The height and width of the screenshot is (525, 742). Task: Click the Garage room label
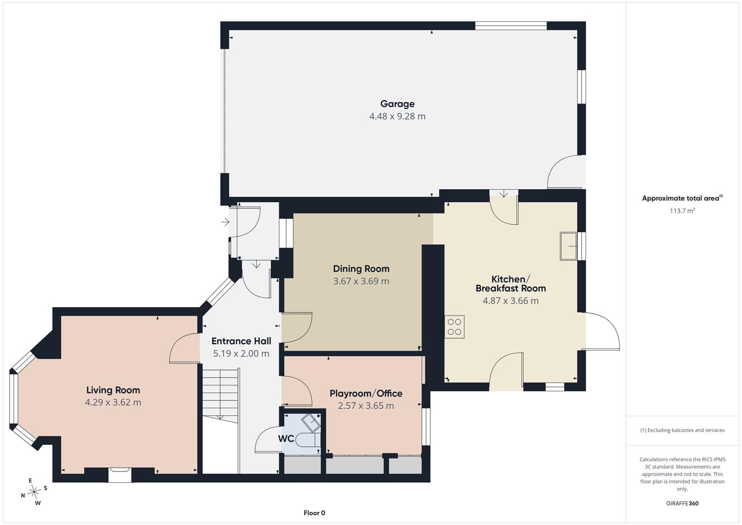(x=397, y=104)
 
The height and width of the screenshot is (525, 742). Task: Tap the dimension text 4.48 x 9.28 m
(x=397, y=116)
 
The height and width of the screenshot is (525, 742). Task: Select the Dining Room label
(x=361, y=268)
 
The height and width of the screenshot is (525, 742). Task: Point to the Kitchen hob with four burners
(x=454, y=327)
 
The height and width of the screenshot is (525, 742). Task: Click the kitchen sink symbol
(x=569, y=246)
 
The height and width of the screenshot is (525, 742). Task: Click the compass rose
(x=34, y=491)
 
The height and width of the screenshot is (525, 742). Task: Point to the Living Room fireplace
(x=120, y=474)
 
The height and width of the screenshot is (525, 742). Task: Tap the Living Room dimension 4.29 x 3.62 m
(x=113, y=402)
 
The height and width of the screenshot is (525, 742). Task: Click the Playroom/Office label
(x=366, y=393)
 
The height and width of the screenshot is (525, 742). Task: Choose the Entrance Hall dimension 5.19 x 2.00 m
(x=241, y=354)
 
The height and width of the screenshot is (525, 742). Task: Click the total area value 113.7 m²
(x=682, y=210)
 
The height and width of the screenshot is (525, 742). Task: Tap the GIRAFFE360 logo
(x=682, y=503)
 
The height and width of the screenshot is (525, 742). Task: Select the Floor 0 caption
(x=314, y=513)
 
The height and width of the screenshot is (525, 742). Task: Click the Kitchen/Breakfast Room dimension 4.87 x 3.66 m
(x=510, y=300)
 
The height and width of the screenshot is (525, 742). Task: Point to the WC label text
(x=286, y=438)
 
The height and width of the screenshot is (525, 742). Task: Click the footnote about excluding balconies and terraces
(x=682, y=430)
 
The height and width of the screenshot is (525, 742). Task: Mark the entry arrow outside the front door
(x=225, y=222)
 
